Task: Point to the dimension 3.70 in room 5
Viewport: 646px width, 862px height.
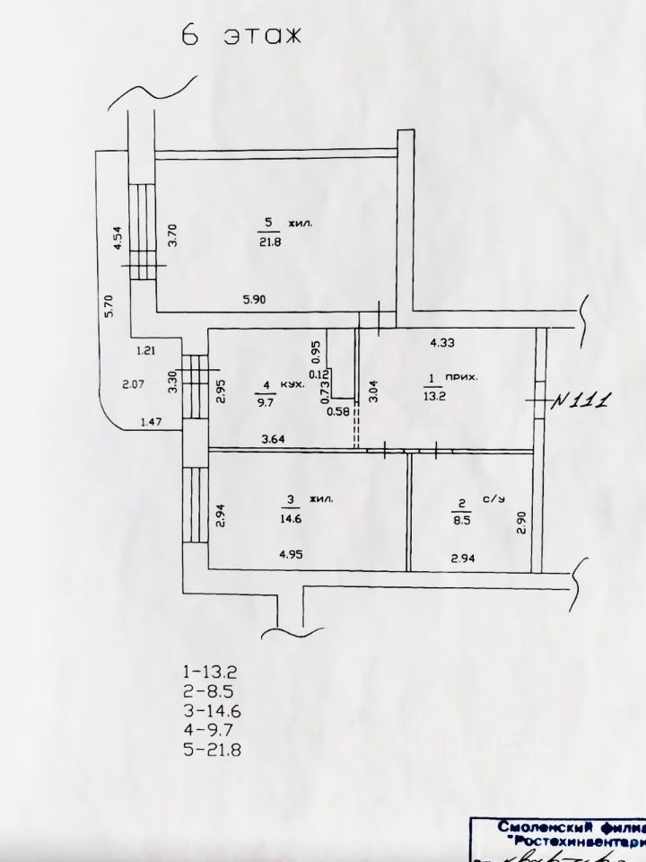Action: [x=175, y=234]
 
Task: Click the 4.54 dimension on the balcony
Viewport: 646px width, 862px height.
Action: [x=118, y=241]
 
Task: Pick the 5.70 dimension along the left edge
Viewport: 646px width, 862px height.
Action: [x=108, y=308]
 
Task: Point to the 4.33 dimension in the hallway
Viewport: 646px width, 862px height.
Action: [x=442, y=341]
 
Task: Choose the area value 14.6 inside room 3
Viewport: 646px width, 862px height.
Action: [x=292, y=517]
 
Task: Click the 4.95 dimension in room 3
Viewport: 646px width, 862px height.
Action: [x=292, y=555]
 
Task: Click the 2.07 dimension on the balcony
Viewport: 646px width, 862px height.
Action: [x=133, y=385]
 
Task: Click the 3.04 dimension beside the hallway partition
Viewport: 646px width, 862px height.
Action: [x=374, y=392]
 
